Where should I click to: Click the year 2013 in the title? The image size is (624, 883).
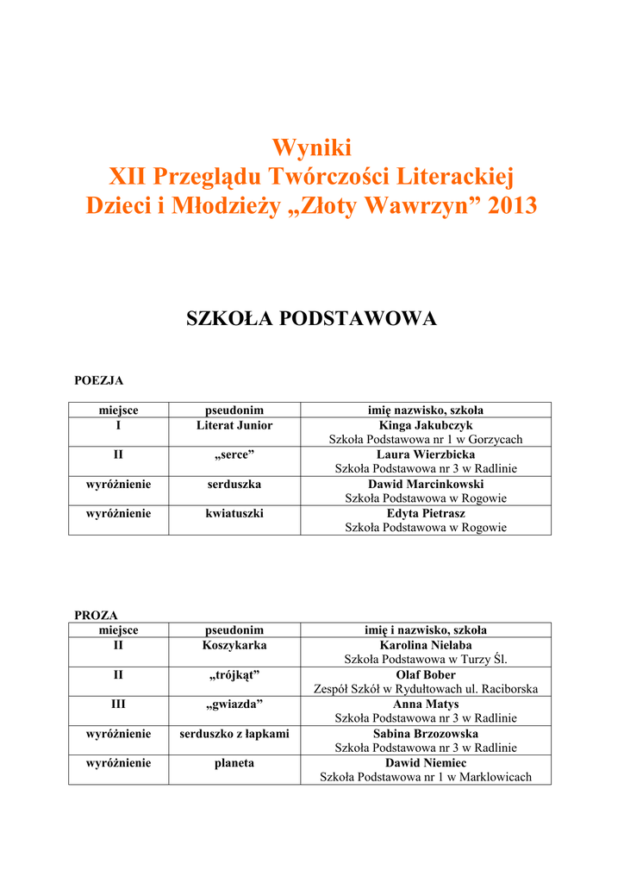tap(512, 207)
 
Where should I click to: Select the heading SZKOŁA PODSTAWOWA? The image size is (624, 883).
tap(311, 319)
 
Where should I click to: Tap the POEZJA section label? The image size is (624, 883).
tap(99, 379)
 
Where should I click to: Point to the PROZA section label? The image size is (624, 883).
tap(96, 615)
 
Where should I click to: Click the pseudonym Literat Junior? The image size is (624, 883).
tap(234, 425)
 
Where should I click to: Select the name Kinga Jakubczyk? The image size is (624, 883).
tap(426, 425)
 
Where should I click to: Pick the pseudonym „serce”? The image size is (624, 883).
tap(234, 454)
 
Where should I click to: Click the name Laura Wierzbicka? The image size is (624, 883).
tap(426, 454)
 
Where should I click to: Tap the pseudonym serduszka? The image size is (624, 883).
tap(234, 484)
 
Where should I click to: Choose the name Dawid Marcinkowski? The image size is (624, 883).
tap(426, 484)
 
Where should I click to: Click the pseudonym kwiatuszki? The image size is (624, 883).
tap(234, 513)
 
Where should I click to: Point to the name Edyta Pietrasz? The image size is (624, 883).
tap(426, 513)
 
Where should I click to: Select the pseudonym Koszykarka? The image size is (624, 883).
tap(234, 645)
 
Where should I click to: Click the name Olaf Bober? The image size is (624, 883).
tap(426, 674)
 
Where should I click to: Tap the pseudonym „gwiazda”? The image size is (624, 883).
tap(234, 704)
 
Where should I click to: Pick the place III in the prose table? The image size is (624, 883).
tap(119, 704)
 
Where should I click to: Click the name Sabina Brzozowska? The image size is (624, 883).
tap(426, 733)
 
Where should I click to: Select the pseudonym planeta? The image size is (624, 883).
tap(234, 762)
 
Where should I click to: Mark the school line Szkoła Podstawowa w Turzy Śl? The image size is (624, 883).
tap(426, 660)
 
